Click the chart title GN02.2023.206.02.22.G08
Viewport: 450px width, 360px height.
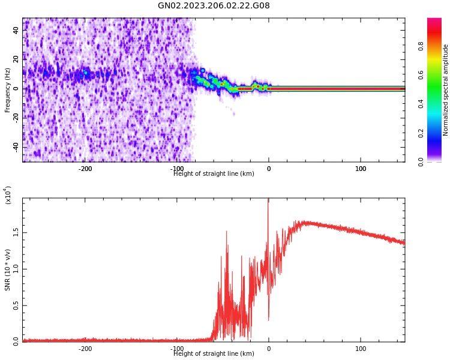[x=214, y=6]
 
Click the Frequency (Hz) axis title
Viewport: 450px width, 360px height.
[x=8, y=90]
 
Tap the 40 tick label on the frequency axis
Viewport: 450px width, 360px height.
[x=17, y=30]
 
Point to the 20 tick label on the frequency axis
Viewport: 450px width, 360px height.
[x=17, y=59]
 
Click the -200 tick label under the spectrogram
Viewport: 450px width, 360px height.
[x=85, y=169]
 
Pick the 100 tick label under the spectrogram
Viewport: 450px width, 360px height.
[x=361, y=169]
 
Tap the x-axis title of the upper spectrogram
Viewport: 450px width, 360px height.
[x=214, y=174]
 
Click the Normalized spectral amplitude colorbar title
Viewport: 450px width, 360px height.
[x=446, y=90]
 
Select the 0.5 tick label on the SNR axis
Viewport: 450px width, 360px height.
[x=16, y=305]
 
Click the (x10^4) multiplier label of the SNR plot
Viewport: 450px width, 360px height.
[x=8, y=195]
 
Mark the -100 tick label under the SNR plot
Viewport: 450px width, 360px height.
[x=177, y=349]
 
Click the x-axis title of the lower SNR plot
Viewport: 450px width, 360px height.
[x=214, y=354]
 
